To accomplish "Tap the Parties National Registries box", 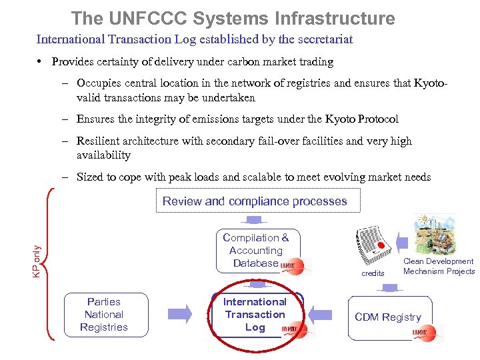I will point(104,315).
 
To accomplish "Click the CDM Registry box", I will point(388,317).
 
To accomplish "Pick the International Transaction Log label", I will point(255,315).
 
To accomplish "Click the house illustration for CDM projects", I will point(435,235).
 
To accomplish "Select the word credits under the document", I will point(373,273).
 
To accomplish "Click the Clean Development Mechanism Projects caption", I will point(439,266).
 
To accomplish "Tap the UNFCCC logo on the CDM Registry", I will point(428,331).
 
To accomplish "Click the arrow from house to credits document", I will point(402,242).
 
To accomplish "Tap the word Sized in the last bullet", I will point(91,177).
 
